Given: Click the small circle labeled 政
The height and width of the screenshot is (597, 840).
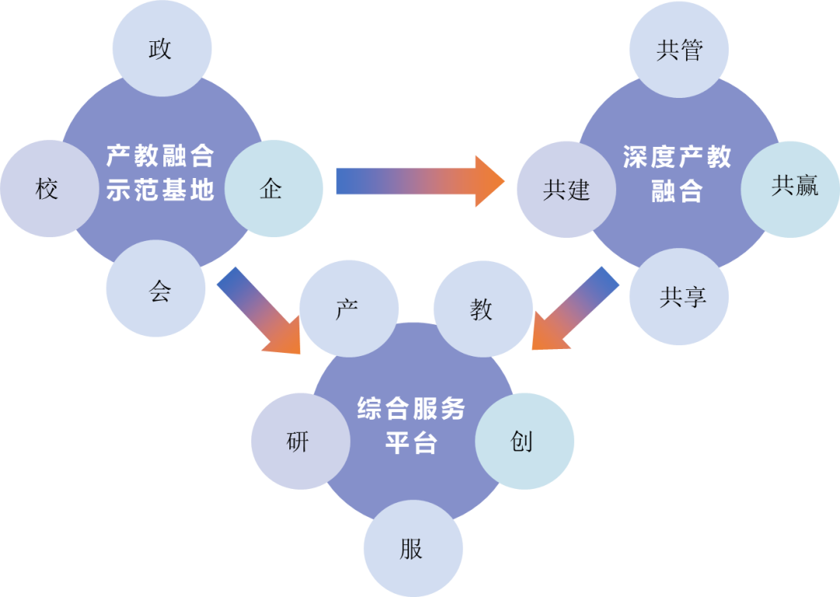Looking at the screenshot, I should pos(161,48).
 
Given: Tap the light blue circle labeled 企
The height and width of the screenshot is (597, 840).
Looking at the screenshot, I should pos(272,188).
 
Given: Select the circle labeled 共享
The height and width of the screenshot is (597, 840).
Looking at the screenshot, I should pos(679,296).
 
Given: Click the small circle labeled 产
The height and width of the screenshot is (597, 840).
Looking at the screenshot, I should pos(348,309).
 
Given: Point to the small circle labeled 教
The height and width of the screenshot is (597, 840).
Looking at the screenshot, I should pos(482,309).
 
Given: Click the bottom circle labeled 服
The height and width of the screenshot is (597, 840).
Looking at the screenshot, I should pos(413,548).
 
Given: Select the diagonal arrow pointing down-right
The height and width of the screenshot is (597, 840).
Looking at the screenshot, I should pos(257,311).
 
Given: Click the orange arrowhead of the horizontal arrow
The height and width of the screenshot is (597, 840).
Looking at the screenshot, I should pos(488,181).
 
